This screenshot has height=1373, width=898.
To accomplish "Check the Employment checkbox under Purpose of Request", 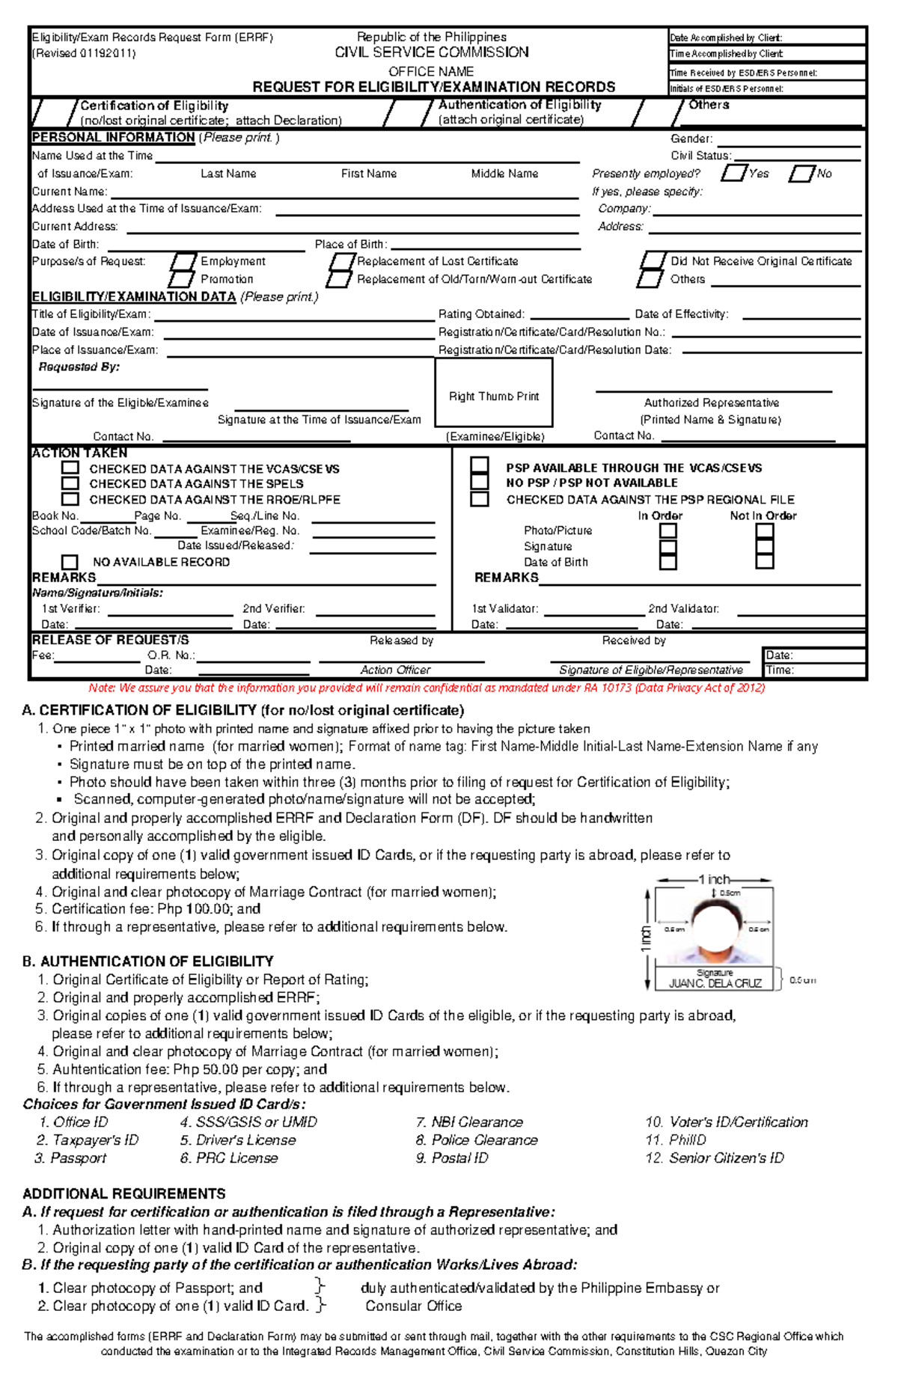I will coord(183,262).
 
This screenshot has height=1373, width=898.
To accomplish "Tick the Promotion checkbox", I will coord(181,279).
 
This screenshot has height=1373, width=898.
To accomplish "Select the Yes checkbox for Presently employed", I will coord(733,174).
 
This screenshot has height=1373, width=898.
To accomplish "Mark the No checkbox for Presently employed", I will coord(801,174).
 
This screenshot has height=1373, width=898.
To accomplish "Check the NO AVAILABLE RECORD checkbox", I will coord(70,562).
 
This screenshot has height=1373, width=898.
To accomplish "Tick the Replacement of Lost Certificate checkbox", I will coord(342,262).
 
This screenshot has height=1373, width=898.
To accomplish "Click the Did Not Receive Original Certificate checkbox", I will coord(653,260).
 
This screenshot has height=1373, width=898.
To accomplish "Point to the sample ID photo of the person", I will coord(714,928).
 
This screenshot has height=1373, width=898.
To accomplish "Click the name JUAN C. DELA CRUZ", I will coord(715,983).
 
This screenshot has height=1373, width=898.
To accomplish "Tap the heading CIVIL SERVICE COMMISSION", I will coord(431,52).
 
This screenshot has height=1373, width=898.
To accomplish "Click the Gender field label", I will coord(691,138).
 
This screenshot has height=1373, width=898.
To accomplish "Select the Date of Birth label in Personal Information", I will coord(65,245).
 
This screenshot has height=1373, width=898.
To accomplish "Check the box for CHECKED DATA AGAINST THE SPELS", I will coord(70,483).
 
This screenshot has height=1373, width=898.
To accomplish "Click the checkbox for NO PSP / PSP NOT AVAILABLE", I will coord(480,483).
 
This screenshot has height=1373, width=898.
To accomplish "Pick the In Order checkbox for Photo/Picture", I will coord(668,530).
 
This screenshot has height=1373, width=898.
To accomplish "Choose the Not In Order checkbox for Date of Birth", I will coord(764,562).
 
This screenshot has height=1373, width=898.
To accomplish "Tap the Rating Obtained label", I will coord(481,314).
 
